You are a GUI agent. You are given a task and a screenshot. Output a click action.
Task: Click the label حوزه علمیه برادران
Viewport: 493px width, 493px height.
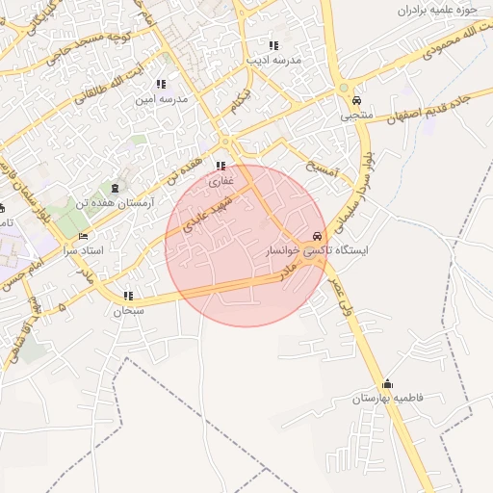(x=436, y=12)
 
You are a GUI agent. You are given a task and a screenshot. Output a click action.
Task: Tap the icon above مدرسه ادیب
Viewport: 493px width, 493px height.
(x=273, y=45)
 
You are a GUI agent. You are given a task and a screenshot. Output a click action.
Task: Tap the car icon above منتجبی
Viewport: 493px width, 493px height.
(x=356, y=101)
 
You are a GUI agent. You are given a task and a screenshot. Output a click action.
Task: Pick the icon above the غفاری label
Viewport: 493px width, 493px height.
(x=222, y=166)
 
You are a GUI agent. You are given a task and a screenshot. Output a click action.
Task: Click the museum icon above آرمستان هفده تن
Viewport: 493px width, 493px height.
(x=117, y=188)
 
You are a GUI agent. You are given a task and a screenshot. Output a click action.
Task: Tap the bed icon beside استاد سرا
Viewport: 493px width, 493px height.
(x=84, y=237)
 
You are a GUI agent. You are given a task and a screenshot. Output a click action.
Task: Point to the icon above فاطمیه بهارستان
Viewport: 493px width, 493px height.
(x=387, y=382)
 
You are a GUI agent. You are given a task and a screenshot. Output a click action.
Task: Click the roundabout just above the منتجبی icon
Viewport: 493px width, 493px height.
(x=345, y=90)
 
